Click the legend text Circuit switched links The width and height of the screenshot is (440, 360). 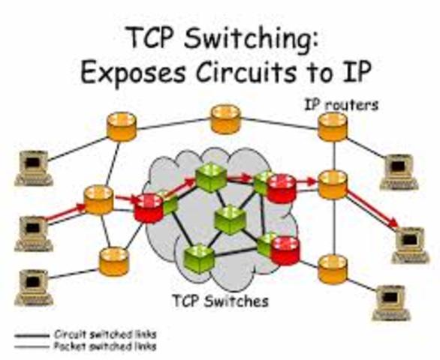tap(105, 334)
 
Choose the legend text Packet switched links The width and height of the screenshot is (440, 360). tap(105, 346)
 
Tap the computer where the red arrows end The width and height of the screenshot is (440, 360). tap(409, 242)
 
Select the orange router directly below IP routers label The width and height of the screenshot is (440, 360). tap(333, 127)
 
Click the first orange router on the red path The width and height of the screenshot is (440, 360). tap(98, 199)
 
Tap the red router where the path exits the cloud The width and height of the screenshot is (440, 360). tap(282, 187)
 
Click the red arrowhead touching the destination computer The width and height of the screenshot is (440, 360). tap(391, 224)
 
